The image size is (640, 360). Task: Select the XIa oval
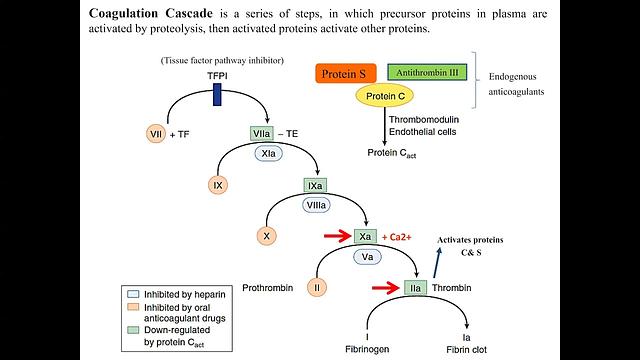tap(267, 155)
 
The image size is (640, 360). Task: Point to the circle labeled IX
tap(217, 185)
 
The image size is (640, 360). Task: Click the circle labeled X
tap(266, 236)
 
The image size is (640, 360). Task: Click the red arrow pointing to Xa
tap(335, 237)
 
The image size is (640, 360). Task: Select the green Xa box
tap(366, 237)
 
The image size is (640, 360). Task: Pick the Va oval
tap(366, 257)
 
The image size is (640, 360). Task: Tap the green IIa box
tap(415, 288)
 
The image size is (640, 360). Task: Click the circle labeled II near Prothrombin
tap(316, 288)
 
